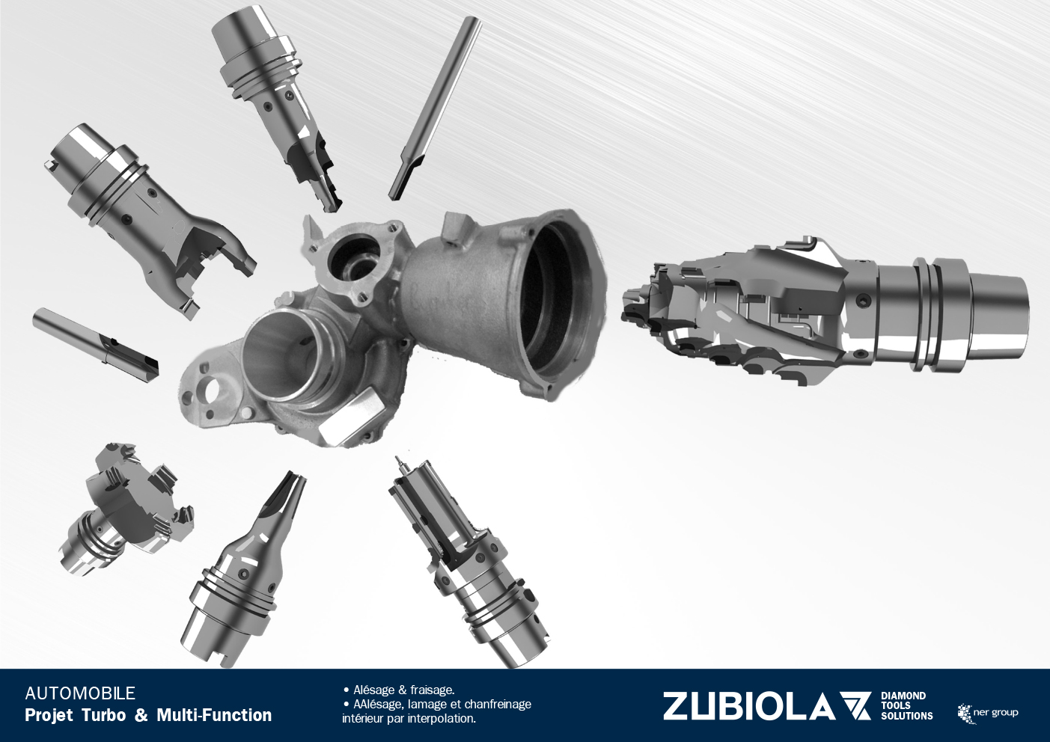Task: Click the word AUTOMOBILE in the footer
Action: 80,693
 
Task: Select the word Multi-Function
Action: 214,715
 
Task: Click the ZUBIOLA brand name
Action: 748,707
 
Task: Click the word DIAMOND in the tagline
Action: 903,696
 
